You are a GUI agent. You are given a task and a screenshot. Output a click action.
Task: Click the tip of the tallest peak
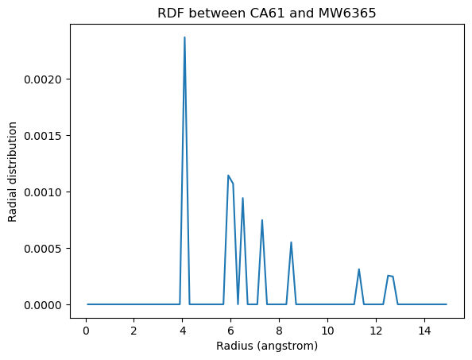tap(184, 37)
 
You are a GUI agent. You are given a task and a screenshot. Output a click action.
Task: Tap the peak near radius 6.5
tap(242, 198)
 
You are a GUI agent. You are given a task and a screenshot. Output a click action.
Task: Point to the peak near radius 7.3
tap(262, 220)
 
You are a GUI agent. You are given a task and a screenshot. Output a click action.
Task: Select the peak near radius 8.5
tap(291, 242)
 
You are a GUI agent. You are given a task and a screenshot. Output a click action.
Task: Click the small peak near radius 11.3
tap(359, 269)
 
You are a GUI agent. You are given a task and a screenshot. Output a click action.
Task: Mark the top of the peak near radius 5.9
tap(228, 176)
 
